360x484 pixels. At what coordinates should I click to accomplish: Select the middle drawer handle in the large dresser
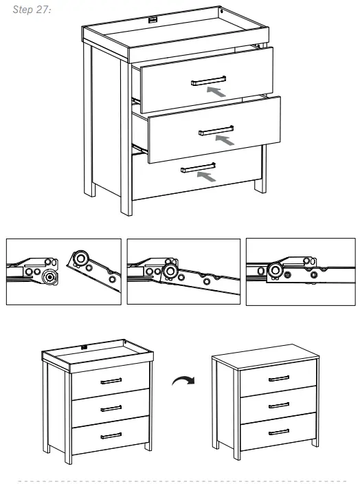point(215,129)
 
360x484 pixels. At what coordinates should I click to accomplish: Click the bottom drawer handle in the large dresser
point(199,166)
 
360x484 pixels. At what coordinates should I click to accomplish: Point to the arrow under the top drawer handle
point(216,91)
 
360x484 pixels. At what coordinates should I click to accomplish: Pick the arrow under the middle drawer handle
point(224,140)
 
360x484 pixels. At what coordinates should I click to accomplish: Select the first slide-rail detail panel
point(63,271)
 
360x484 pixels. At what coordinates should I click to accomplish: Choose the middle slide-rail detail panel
point(183,271)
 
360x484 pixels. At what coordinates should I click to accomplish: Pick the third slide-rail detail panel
point(300,271)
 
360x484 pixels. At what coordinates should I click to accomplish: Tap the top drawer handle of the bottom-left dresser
point(111,380)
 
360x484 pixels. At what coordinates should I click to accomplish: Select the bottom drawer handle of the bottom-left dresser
point(111,434)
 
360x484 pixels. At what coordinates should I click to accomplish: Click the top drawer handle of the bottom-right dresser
point(279,379)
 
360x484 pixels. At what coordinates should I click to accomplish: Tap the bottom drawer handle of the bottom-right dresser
point(279,432)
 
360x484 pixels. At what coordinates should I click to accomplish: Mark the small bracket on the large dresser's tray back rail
point(153,22)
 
